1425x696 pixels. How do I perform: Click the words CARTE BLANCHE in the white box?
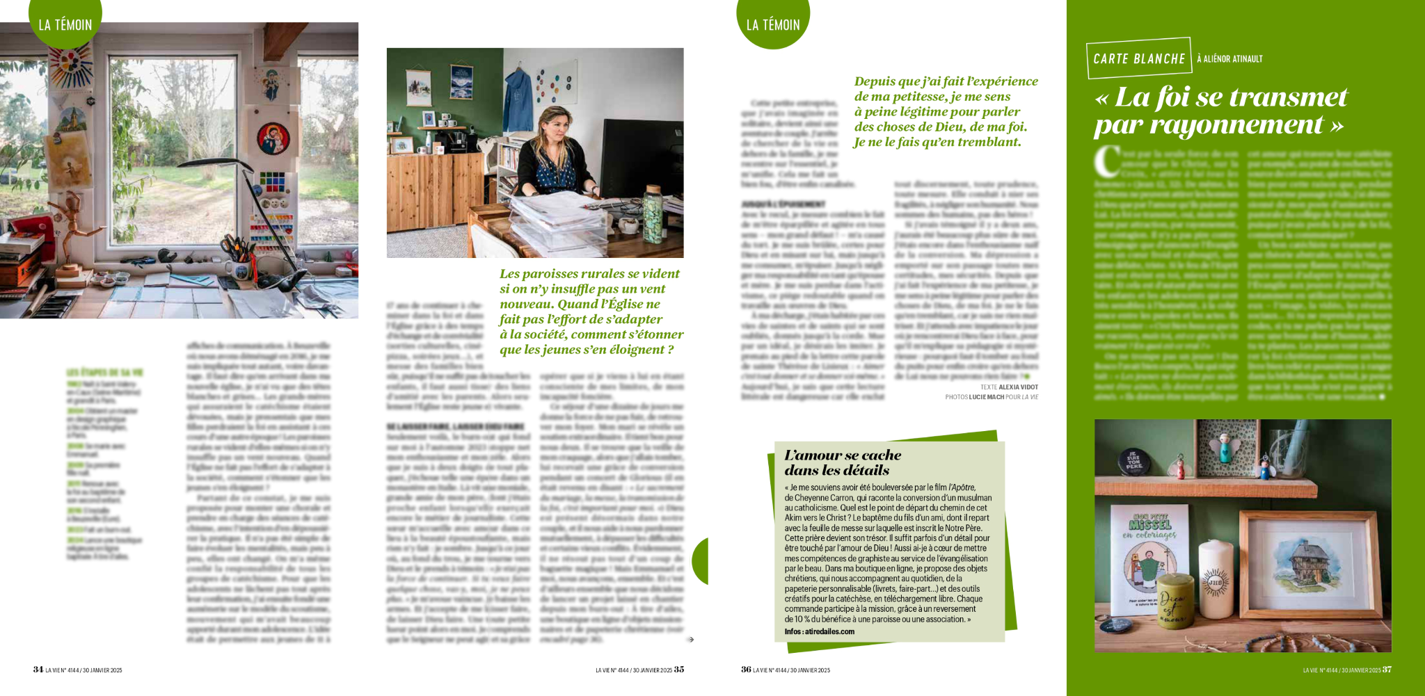coord(1139,59)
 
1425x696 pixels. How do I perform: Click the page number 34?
coord(38,670)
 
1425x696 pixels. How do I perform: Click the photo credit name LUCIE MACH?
coord(986,397)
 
